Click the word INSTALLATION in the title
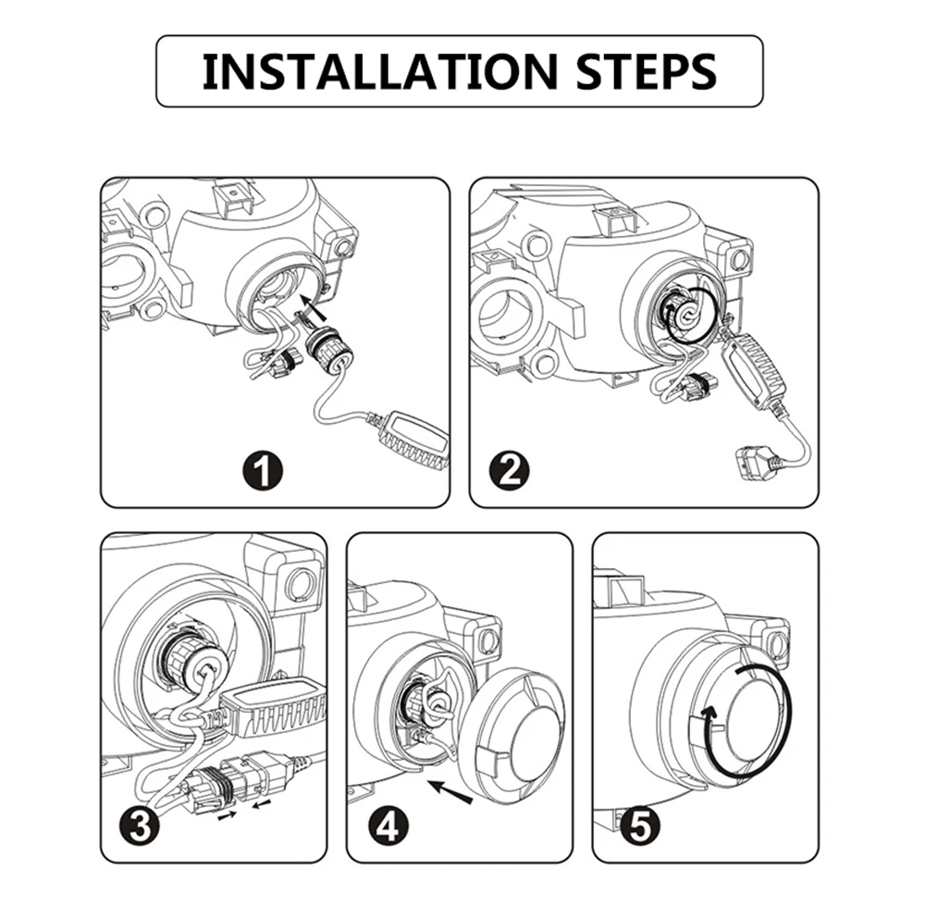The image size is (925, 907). pyautogui.click(x=379, y=71)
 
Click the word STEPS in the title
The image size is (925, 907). pyautogui.click(x=646, y=71)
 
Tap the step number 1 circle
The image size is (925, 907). pyautogui.click(x=263, y=471)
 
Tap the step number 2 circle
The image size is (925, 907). pyautogui.click(x=510, y=470)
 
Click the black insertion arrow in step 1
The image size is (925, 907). pyautogui.click(x=315, y=315)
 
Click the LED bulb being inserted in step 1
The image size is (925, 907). pyautogui.click(x=329, y=355)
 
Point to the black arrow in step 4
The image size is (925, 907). pyautogui.click(x=450, y=790)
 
